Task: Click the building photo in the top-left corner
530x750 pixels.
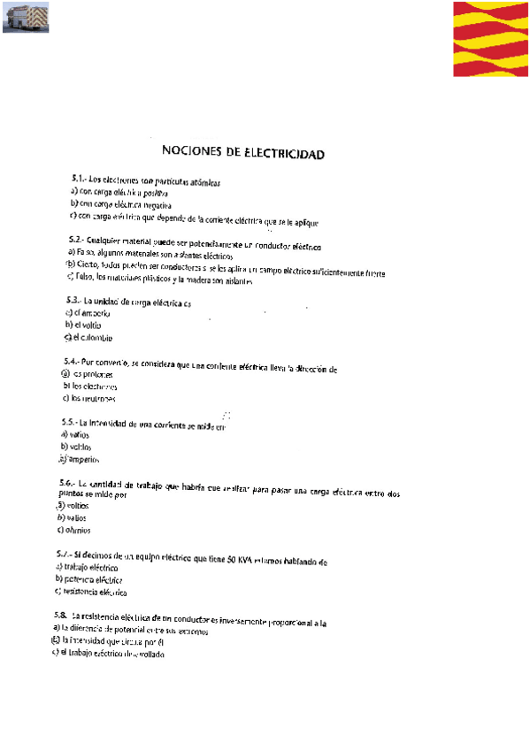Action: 26,17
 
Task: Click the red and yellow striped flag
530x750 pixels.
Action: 489,39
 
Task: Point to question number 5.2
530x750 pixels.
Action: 75,240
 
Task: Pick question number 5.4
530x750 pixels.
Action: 73,362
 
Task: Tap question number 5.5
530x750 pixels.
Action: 70,423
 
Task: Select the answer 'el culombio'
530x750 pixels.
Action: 93,337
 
